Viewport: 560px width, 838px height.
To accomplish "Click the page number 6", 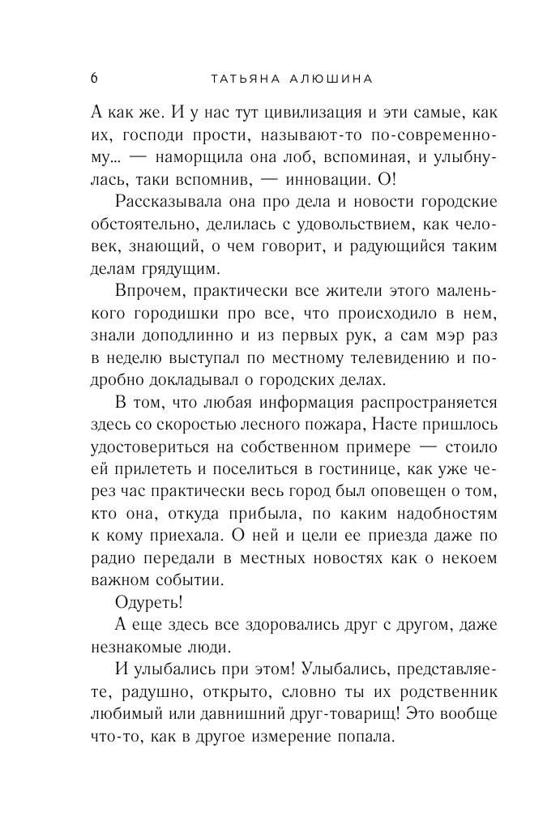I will click(x=94, y=79).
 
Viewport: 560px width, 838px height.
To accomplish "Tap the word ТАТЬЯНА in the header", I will click(x=244, y=79).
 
